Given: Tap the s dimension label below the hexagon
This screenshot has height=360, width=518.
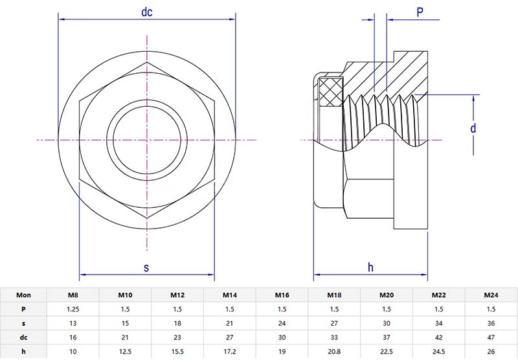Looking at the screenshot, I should click(146, 267).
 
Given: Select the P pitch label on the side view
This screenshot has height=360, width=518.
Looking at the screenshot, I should click(420, 12).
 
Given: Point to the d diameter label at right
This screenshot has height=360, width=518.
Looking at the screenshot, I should click(474, 128).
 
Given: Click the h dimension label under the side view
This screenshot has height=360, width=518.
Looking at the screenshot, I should click(370, 267).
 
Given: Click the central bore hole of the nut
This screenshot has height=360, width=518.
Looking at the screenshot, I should click(147, 139).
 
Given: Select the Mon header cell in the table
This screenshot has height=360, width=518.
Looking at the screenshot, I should click(23, 295).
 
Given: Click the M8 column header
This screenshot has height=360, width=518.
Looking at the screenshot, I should click(73, 295).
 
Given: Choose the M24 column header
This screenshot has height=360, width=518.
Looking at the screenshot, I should click(491, 295).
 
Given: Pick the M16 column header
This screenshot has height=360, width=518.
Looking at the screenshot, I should click(282, 295).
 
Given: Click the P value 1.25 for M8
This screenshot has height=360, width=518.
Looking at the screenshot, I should click(73, 309).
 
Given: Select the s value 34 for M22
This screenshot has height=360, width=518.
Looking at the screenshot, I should click(439, 323).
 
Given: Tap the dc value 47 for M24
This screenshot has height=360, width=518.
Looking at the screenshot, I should click(491, 337).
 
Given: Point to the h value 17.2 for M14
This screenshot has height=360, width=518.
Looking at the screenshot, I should click(229, 352).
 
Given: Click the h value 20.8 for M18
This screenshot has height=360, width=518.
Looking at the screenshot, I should click(333, 352).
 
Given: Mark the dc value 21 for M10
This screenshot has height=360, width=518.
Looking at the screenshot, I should click(125, 337).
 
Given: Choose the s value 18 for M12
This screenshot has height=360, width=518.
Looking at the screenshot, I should click(177, 323).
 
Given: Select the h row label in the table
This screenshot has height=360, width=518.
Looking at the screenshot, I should click(23, 352).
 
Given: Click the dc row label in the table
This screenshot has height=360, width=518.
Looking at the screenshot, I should click(23, 337).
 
